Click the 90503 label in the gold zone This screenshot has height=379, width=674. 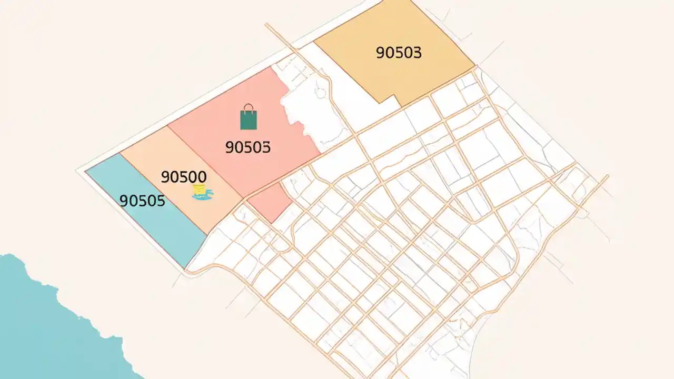click(399, 53)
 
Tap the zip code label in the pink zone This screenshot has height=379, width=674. click(247, 147)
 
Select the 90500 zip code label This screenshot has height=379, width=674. click(183, 177)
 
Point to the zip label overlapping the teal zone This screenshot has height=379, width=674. click(142, 201)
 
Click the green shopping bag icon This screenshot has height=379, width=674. click(249, 119)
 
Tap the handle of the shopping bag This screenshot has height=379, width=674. click(249, 107)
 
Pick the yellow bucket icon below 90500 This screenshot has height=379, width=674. click(199, 189)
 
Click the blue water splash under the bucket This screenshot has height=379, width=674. click(203, 196)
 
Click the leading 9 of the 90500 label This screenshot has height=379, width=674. click(165, 177)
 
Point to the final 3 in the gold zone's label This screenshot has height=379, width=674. click(417, 53)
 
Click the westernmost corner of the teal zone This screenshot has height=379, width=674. click(85, 171)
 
